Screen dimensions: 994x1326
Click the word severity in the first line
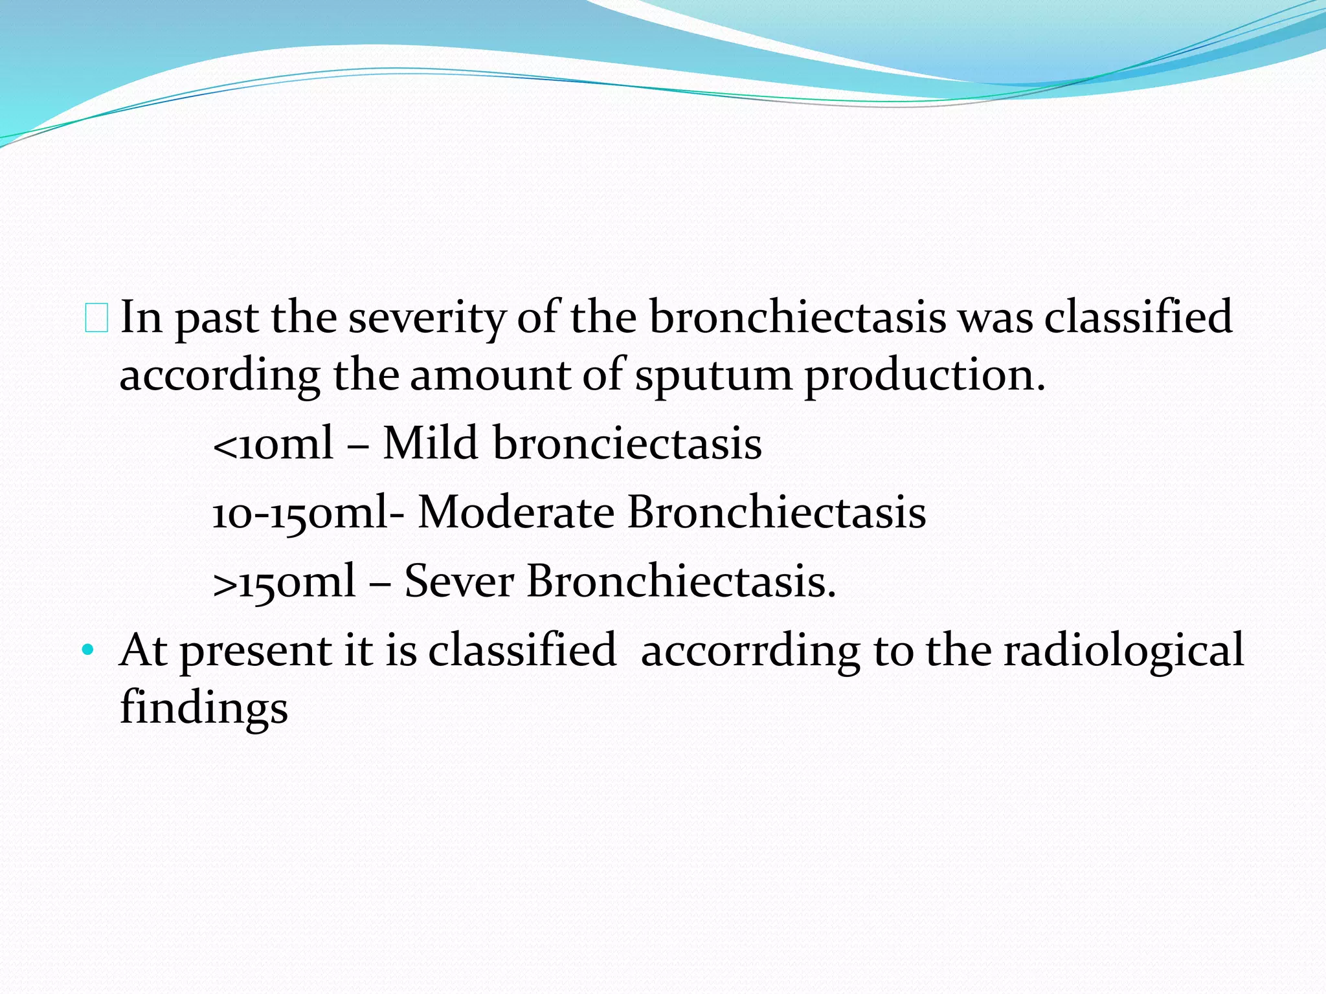click(x=427, y=318)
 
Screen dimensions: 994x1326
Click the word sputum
click(x=713, y=375)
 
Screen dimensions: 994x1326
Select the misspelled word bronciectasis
click(x=627, y=443)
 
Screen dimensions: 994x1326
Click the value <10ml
click(x=273, y=445)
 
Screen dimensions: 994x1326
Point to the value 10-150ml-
click(x=308, y=513)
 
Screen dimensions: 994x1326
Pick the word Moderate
click(x=516, y=512)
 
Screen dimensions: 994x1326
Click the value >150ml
click(x=284, y=581)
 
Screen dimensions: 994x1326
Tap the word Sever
click(x=459, y=580)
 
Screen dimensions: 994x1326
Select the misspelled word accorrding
click(x=750, y=651)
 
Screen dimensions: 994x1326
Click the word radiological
click(x=1123, y=650)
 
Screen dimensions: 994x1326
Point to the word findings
click(x=203, y=708)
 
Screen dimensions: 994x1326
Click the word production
click(x=924, y=375)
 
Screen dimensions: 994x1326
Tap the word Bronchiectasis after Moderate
click(x=776, y=512)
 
